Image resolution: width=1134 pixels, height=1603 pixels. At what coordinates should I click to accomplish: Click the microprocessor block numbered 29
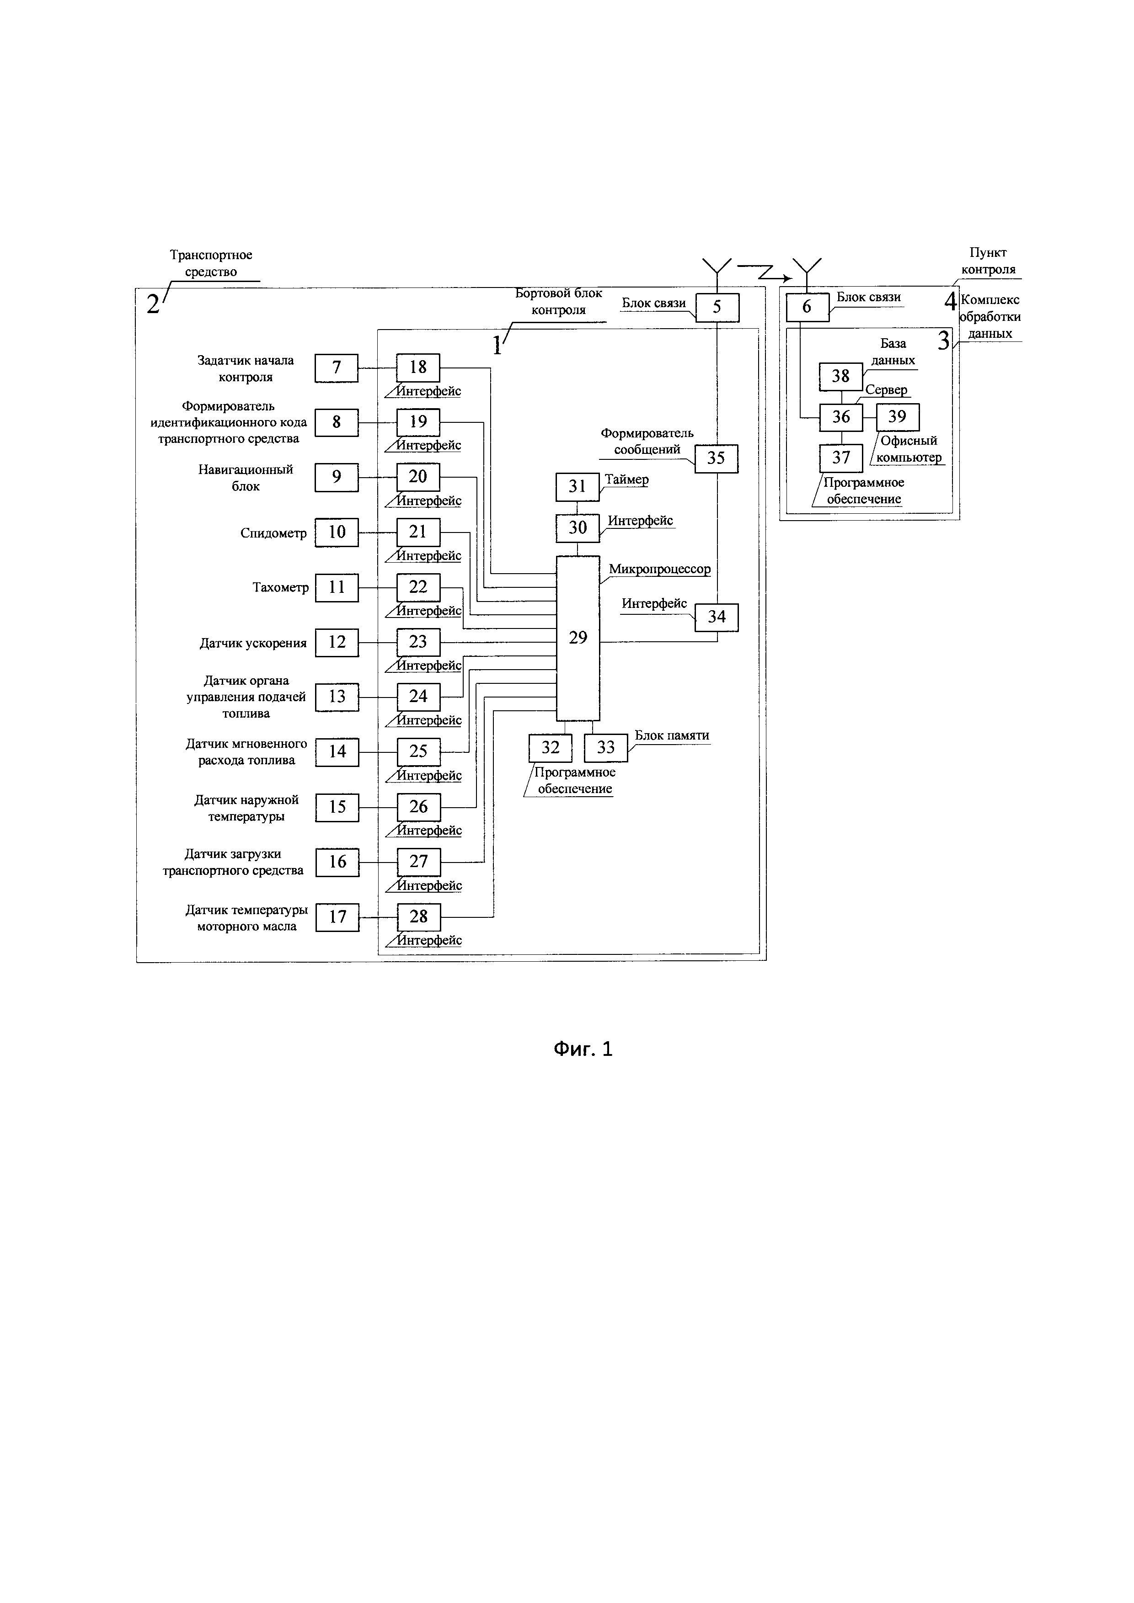[578, 638]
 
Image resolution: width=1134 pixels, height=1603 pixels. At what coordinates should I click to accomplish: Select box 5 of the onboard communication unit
[717, 307]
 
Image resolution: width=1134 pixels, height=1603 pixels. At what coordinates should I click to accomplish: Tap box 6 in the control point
[807, 307]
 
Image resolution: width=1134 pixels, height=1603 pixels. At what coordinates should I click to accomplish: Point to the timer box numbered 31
[577, 487]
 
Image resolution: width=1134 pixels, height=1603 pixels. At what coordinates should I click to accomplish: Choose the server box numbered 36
[841, 417]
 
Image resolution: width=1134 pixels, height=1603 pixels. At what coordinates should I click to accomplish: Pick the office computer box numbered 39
[897, 417]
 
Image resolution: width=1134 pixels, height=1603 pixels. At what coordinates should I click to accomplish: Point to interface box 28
[418, 917]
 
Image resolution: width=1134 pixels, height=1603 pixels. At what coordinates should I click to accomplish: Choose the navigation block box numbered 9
[337, 478]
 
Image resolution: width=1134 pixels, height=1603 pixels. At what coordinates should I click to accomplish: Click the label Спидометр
[273, 533]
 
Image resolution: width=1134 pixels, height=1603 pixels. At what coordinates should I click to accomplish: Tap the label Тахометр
[280, 588]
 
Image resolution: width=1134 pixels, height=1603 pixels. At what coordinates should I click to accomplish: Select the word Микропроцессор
[659, 569]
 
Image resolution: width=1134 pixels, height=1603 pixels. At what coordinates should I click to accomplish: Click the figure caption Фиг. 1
[583, 1049]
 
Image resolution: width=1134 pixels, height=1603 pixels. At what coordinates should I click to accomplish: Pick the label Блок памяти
[671, 735]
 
